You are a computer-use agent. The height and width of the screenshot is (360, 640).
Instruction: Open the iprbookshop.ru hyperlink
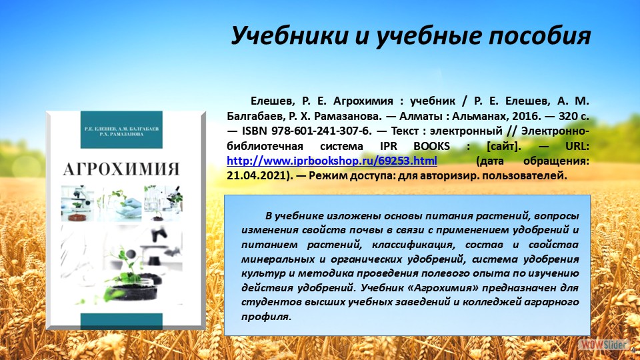point(332,161)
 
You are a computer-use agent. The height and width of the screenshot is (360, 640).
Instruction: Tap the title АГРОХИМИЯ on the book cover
point(122,167)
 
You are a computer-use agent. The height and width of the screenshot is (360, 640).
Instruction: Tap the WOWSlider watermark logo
point(595,345)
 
